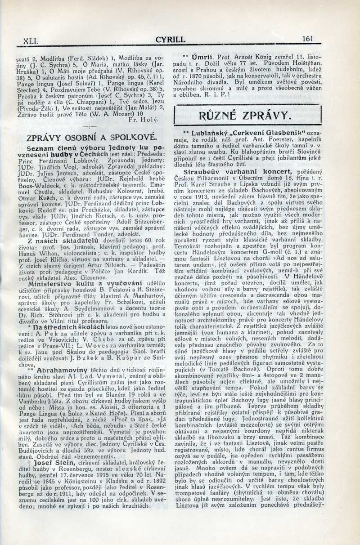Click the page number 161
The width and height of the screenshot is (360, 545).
307,39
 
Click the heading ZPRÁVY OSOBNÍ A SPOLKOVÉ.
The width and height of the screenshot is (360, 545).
91,138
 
